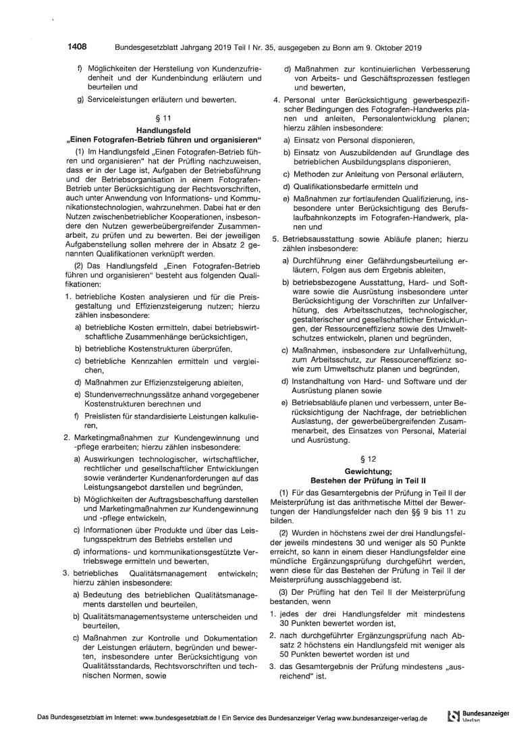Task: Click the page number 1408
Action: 77,47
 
